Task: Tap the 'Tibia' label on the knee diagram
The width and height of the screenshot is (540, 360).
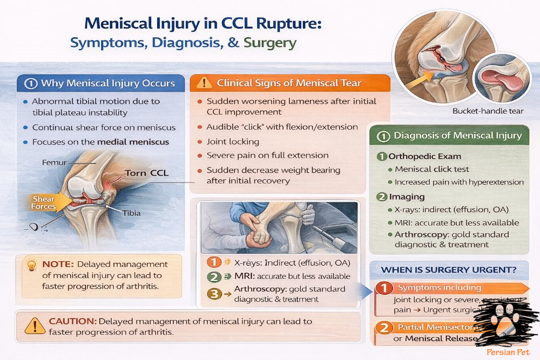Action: [131, 213]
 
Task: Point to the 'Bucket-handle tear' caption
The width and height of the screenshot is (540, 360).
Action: [488, 111]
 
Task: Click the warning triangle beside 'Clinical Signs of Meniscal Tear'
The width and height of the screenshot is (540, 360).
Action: [204, 83]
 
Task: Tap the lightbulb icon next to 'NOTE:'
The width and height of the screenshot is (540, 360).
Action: [32, 265]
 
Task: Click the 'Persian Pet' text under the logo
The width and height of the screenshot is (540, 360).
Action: [500, 351]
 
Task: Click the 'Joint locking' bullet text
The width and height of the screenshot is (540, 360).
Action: [233, 141]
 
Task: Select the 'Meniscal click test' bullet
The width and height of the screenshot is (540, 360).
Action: [431, 169]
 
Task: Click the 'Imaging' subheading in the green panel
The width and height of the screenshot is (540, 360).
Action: [408, 197]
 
